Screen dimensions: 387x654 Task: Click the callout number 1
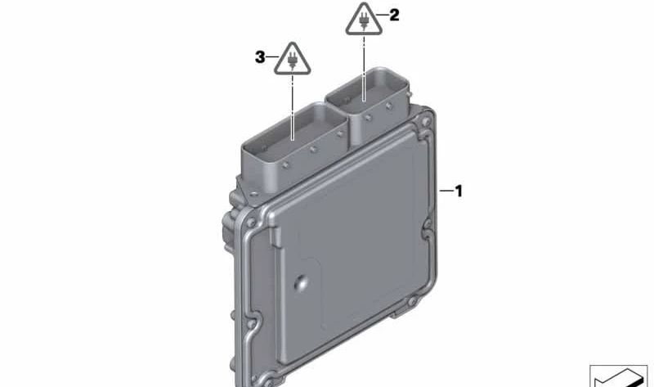459,191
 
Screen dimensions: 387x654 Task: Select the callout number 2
394,15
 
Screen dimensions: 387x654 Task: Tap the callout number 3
260,57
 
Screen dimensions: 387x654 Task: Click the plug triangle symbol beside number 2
362,20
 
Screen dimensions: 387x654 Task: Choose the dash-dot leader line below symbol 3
292,106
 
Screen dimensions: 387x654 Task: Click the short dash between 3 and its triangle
271,57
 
